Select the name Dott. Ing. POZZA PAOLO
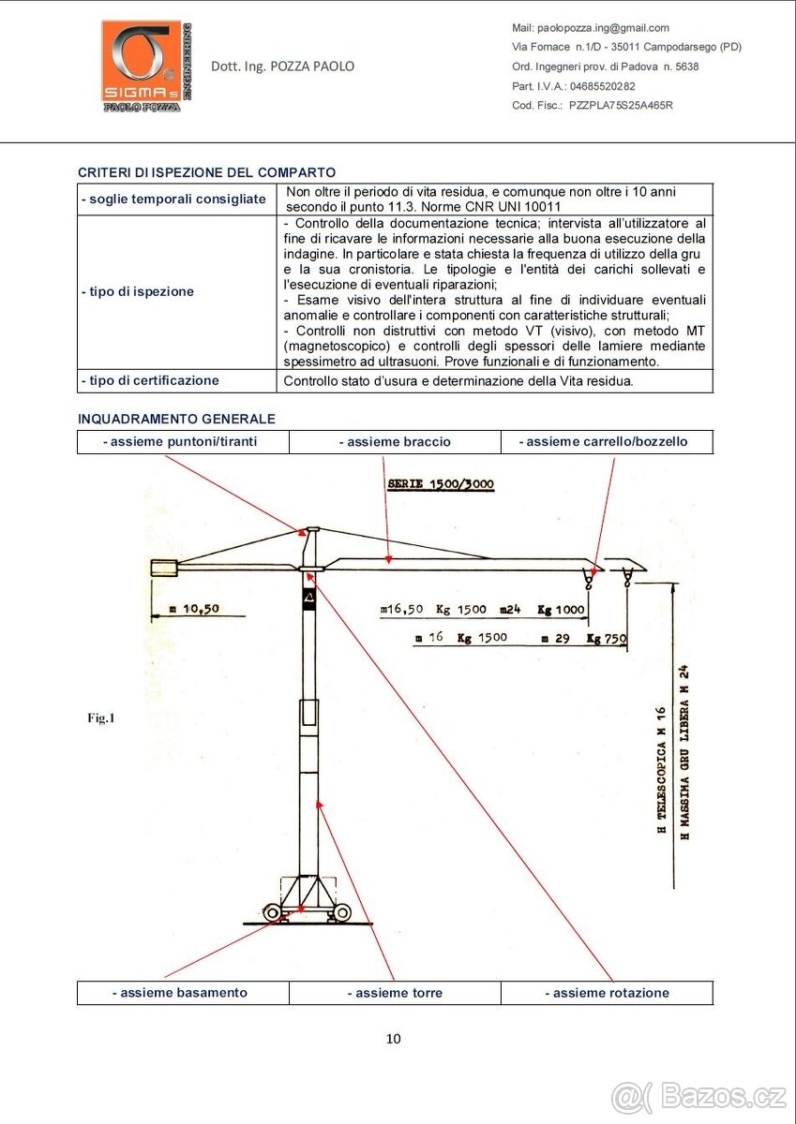click(x=283, y=67)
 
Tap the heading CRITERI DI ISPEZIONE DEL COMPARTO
click(x=206, y=172)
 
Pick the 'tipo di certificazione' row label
click(x=151, y=380)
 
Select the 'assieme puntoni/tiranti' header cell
click(x=183, y=441)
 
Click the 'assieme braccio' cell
click(x=395, y=441)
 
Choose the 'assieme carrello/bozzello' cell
click(x=607, y=441)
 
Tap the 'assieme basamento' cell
click(x=183, y=992)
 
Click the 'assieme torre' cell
click(x=395, y=992)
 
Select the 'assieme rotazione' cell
click(x=607, y=992)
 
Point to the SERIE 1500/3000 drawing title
click(x=441, y=484)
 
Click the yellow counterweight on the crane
click(x=165, y=567)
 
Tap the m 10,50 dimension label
click(x=196, y=608)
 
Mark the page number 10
click(x=394, y=1038)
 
